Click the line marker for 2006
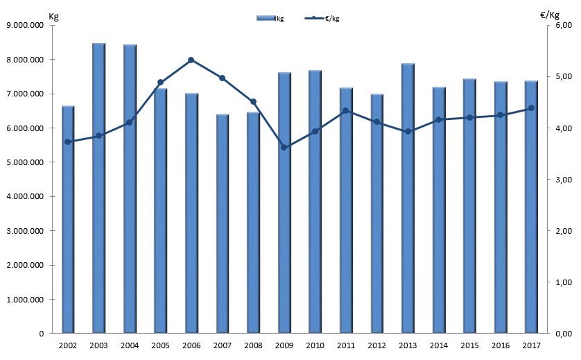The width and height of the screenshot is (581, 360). [x=191, y=60]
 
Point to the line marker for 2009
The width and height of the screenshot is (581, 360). [x=284, y=147]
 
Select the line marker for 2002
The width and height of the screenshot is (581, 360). [x=68, y=142]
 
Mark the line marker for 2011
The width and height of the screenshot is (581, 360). [x=345, y=111]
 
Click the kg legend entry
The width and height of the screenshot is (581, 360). [x=270, y=19]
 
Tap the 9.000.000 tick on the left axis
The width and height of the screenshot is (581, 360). [x=25, y=26]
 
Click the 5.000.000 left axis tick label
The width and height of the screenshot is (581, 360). [x=25, y=162]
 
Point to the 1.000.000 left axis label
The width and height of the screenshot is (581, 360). [x=25, y=300]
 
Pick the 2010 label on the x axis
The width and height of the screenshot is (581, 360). [x=315, y=345]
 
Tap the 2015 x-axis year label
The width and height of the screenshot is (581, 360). [x=469, y=345]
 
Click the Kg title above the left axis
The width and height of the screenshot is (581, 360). [x=53, y=16]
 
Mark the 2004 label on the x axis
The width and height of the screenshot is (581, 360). [x=130, y=345]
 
